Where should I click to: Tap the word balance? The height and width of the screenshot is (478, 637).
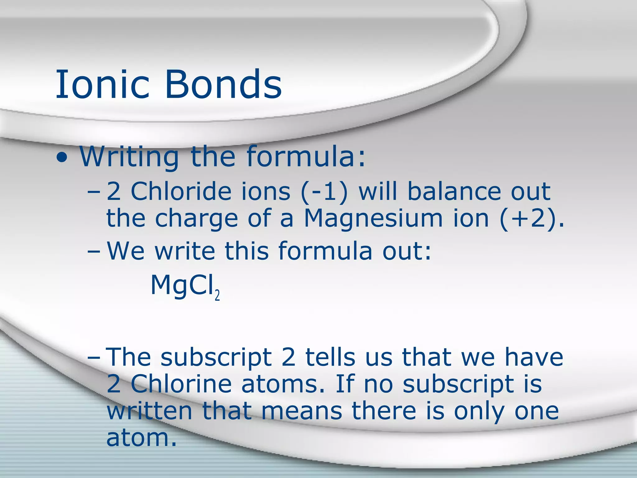454,191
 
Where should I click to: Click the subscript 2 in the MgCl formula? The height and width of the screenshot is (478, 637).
217,295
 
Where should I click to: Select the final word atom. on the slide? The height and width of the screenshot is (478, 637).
141,438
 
